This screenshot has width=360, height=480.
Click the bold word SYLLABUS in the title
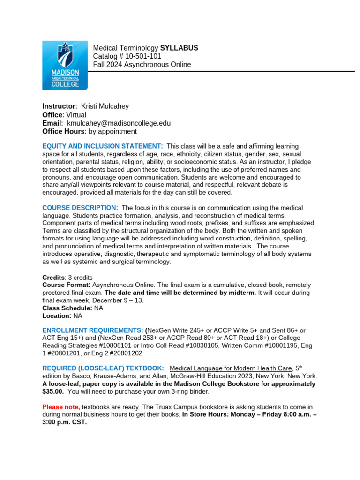click(179, 48)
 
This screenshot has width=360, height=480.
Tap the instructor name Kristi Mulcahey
click(105, 106)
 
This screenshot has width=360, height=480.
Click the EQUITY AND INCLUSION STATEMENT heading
click(103, 147)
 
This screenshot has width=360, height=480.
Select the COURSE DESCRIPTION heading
click(80, 208)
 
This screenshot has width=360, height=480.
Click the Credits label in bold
click(53, 277)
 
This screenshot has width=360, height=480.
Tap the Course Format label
click(66, 285)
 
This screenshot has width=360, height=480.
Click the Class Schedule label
click(67, 308)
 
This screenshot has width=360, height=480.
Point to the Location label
click(57, 316)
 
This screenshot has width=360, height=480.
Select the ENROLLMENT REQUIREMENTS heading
click(92, 330)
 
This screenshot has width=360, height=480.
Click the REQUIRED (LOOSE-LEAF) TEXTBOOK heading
click(103, 368)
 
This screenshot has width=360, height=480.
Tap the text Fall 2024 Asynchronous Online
click(142, 65)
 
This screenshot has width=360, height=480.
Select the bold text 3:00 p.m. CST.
click(65, 422)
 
